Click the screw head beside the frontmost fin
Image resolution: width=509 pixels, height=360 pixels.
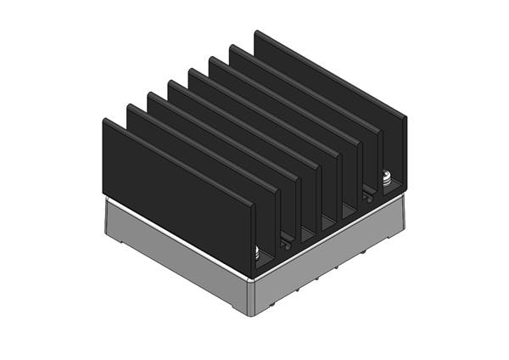tap(257, 252)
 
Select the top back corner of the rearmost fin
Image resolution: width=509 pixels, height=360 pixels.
tap(255, 31)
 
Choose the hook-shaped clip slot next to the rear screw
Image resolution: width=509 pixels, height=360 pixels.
tap(367, 196)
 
